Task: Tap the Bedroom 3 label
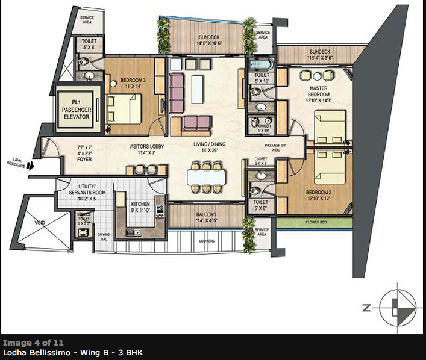pyautogui.click(x=130, y=82)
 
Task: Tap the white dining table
pyautogui.click(x=205, y=176)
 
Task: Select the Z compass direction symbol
pyautogui.click(x=366, y=308)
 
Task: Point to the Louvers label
pyautogui.click(x=207, y=241)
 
